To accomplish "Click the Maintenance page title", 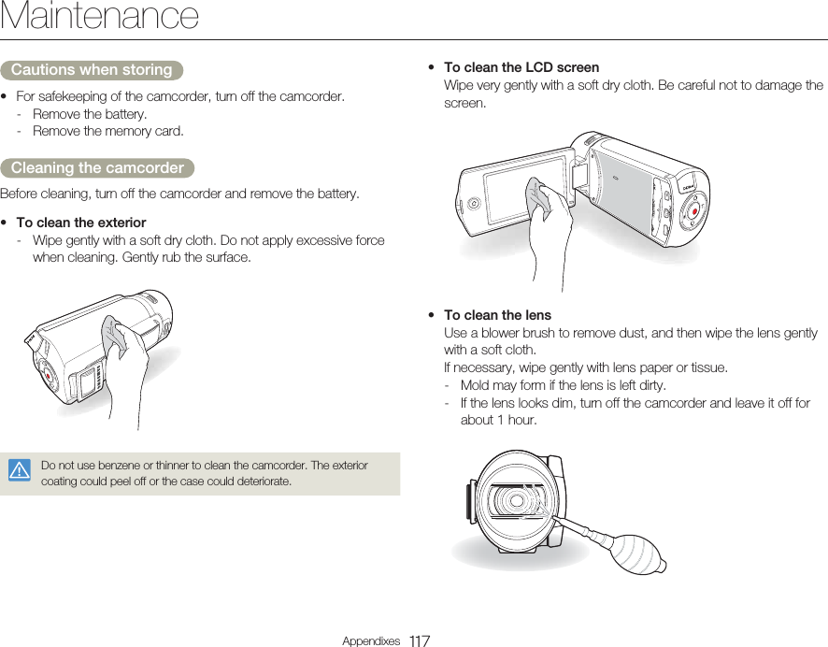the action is click(100, 17).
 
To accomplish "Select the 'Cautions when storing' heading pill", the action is click(92, 70).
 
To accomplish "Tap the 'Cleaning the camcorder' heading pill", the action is click(97, 168).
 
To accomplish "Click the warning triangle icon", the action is click(19, 470).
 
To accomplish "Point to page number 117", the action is click(419, 640).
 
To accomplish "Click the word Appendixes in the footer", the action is click(371, 641).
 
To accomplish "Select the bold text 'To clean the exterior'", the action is click(81, 223).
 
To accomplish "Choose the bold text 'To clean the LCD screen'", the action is click(521, 67).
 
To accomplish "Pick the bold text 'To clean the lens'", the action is click(497, 315).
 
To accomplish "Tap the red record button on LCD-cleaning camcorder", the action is click(694, 212).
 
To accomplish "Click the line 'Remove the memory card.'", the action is click(108, 131).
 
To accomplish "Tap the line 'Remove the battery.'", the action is click(90, 114).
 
